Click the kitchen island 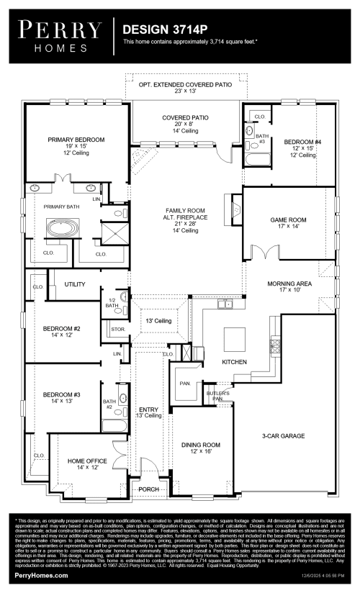click(235, 335)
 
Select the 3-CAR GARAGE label click(283, 436)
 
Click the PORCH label click(149, 489)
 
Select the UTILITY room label click(75, 285)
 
